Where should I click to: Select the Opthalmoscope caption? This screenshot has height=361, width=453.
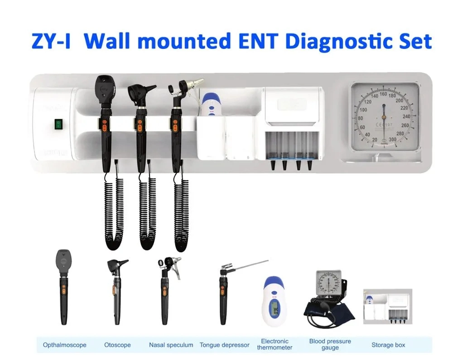pos(65,345)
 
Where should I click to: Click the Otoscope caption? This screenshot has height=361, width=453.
pos(117,345)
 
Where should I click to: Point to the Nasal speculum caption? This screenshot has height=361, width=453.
pos(171,345)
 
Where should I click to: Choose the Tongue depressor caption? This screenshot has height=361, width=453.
pos(224,345)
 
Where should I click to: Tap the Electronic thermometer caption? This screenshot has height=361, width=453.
pos(275,344)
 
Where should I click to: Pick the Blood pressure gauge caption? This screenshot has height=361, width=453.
pos(330,344)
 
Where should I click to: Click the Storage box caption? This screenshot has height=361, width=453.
pos(388,345)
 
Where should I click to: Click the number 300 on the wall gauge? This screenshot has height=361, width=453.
pos(392,139)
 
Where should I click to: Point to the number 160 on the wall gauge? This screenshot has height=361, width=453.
pos(383,94)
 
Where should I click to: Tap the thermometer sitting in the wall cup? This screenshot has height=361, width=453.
pos(210,105)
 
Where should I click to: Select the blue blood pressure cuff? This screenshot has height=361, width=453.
pos(336,310)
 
